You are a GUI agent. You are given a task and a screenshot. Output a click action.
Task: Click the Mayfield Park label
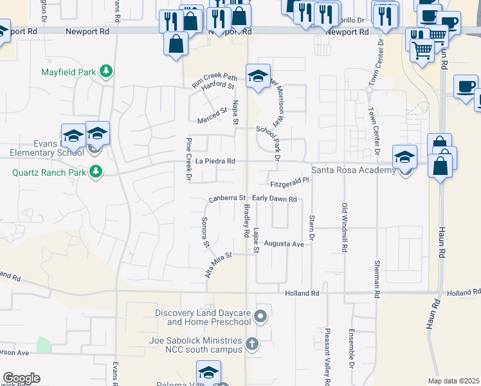[68, 72]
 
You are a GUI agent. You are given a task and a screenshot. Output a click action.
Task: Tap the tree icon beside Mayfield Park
[106, 71]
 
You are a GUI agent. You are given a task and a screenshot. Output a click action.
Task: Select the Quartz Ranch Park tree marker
[96, 172]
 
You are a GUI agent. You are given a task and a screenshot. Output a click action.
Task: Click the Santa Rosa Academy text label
[353, 170]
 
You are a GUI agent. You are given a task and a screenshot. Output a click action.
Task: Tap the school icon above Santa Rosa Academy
[404, 156]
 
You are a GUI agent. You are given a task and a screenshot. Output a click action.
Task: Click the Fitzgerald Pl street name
[289, 182]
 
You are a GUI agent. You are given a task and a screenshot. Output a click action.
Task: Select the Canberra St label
[227, 198]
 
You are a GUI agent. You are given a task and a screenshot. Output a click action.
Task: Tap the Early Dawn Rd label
[274, 199]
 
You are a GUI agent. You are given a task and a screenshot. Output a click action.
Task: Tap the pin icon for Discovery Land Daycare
[260, 315]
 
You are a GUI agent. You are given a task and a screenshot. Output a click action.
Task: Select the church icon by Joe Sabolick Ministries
[252, 344]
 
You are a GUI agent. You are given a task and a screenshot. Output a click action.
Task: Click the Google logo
[21, 378]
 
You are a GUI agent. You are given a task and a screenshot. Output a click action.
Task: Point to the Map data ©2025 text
[453, 381]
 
